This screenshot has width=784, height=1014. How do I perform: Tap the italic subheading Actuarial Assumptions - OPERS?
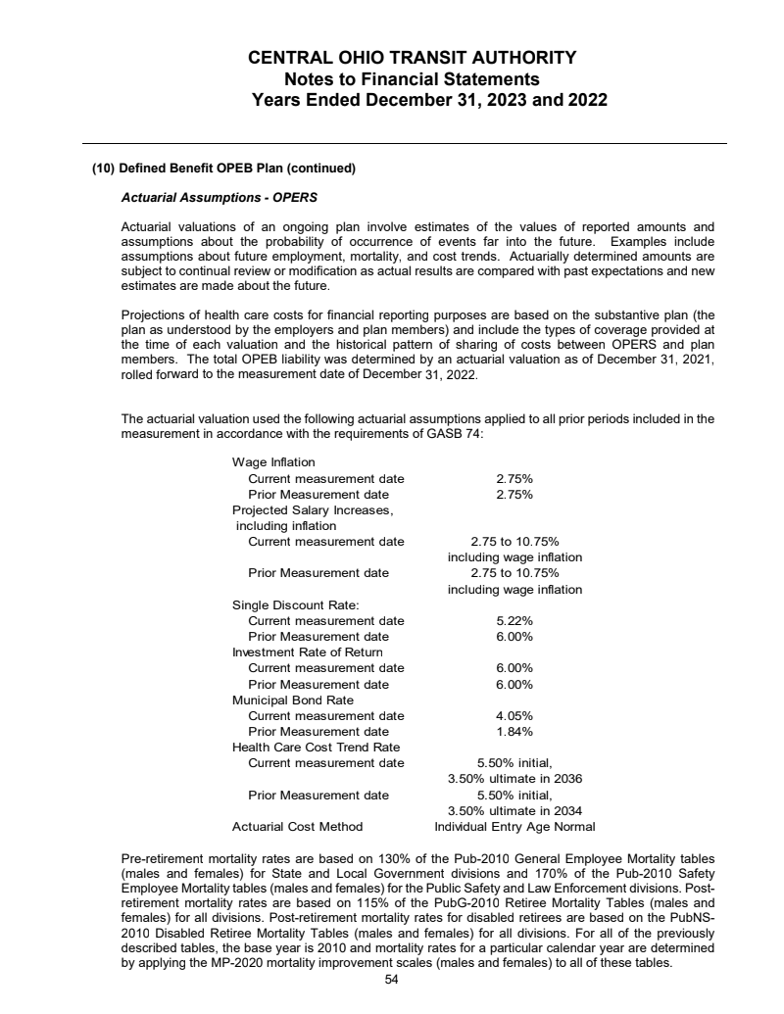coord(219,197)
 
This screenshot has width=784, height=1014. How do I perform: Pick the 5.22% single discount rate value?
coord(514,620)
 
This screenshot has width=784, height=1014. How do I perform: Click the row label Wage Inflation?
coord(273,462)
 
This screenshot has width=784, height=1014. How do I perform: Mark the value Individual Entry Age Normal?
coord(514,826)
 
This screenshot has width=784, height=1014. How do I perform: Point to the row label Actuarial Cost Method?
coord(297,826)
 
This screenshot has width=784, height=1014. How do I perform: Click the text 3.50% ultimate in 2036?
coord(514,778)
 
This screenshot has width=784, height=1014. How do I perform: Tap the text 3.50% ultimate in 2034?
coord(514,810)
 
